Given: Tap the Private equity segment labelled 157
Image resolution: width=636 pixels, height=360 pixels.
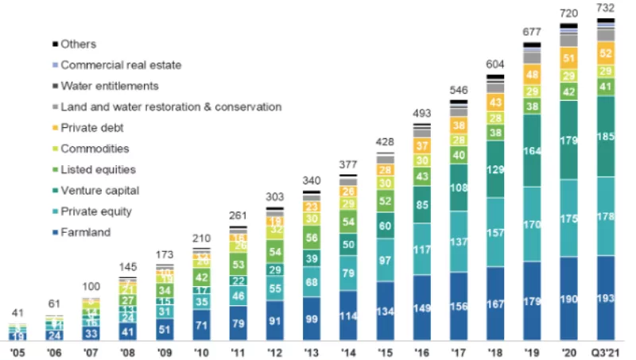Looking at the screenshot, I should (495, 233).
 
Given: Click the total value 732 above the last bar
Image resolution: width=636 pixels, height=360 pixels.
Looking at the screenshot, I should (606, 8).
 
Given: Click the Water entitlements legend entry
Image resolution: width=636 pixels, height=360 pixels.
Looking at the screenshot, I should (109, 86).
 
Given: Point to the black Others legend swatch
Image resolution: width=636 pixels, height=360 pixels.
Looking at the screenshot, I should (54, 45).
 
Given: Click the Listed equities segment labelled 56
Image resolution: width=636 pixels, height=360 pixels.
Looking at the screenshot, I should (312, 238).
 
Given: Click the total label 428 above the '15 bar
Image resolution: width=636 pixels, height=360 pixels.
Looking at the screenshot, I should (386, 141).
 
